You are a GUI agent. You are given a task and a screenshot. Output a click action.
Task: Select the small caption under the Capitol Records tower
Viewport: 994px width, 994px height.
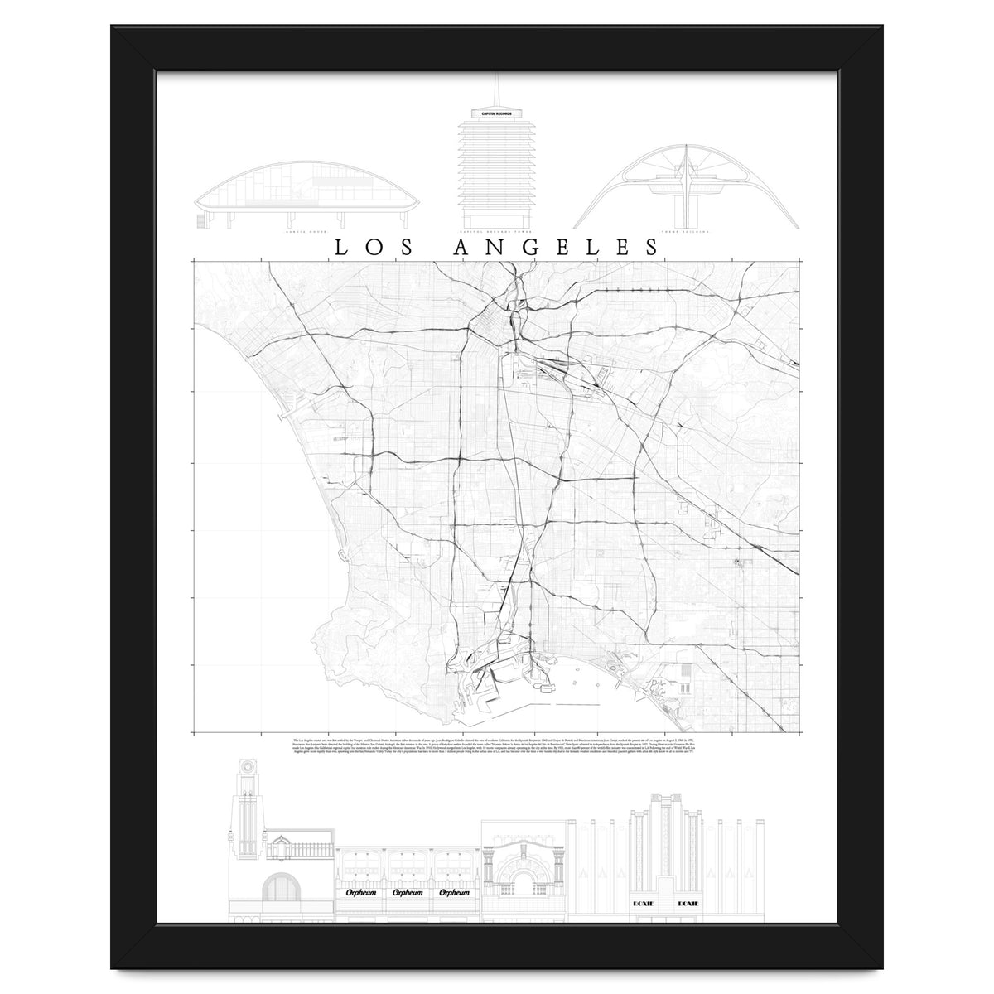click(x=496, y=233)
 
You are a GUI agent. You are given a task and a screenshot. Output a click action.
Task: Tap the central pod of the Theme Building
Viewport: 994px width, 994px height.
click(x=686, y=176)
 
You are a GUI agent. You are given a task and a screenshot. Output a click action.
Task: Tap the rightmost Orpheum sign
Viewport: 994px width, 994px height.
click(x=455, y=869)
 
